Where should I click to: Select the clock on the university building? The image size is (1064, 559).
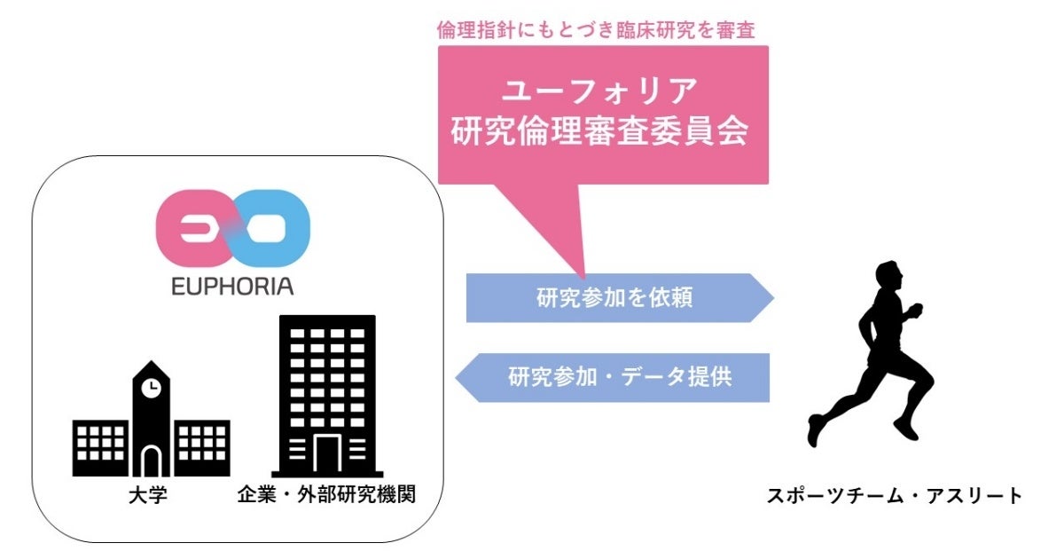click(152, 387)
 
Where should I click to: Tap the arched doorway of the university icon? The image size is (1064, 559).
click(152, 461)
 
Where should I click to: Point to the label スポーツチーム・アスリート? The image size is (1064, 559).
click(895, 495)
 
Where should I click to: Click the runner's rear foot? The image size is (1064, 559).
click(815, 431)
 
